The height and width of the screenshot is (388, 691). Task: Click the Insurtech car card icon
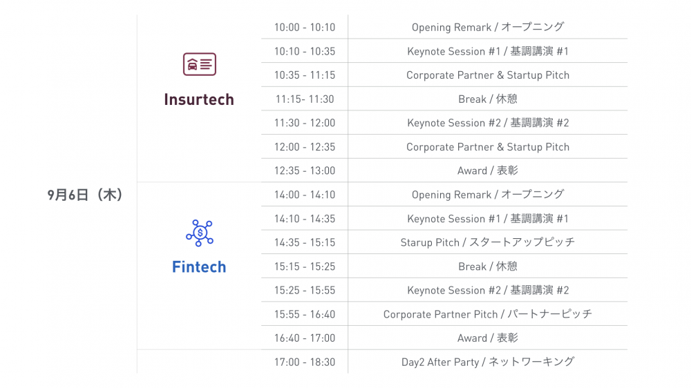point(200,64)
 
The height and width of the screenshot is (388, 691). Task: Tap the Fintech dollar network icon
point(200,233)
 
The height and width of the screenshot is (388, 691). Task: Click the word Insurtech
point(199,99)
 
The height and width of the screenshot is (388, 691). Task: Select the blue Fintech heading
point(199,267)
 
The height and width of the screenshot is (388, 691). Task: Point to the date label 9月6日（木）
point(84,195)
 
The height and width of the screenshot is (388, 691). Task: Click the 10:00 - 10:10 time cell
point(305,28)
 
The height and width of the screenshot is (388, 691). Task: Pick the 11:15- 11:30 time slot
point(305,99)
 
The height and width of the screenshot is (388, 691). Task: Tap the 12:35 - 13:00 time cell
point(305,171)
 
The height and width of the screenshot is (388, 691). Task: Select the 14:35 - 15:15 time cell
point(305,242)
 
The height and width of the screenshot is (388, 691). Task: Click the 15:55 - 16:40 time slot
point(305,314)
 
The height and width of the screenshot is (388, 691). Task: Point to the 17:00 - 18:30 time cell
point(305,362)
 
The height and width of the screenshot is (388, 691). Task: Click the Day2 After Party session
point(488,362)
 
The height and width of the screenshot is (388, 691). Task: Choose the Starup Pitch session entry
point(488,242)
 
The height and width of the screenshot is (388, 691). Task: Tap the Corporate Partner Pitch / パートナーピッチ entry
point(488,314)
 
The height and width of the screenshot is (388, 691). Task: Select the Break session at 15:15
point(488,266)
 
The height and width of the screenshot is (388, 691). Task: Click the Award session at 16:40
point(488,338)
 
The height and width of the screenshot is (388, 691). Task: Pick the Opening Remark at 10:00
point(488,27)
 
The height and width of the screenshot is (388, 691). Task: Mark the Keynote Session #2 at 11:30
point(488,123)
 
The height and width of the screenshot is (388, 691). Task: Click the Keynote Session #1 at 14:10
point(488,218)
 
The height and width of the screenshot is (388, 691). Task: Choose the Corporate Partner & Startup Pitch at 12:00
point(488,147)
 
